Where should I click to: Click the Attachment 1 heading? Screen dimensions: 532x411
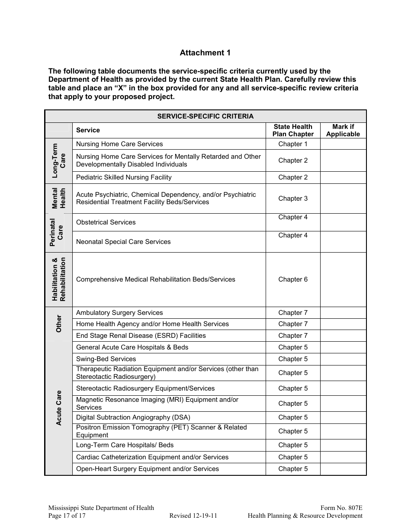coord(205,53)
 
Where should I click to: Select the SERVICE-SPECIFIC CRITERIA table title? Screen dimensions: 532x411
coord(205,116)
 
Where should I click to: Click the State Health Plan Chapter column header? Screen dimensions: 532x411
coord(293,130)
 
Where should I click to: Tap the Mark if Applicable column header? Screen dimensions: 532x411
coord(343,130)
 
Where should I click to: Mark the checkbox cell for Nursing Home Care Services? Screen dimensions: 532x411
coord(343,144)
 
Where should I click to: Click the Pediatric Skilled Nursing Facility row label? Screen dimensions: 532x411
coord(124,177)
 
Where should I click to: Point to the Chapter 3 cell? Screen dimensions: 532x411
coord(293,199)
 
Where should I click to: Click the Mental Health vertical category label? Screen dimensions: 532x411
coord(58,198)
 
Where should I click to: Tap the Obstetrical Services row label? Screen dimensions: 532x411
coord(106,222)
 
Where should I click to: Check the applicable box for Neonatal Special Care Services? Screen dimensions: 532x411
coord(343,242)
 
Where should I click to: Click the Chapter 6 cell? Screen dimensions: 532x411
coord(293,279)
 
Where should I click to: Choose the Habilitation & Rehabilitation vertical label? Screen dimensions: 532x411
coord(58,279)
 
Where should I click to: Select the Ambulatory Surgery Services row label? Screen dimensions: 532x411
coord(119,313)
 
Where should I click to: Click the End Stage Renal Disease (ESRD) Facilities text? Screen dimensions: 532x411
coord(141,336)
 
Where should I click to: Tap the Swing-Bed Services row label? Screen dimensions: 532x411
coord(106,359)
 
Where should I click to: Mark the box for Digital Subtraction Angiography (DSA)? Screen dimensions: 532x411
coord(343,417)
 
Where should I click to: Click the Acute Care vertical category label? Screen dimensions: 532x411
coord(58,408)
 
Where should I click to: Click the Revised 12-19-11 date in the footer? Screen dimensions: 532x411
coord(193,516)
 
